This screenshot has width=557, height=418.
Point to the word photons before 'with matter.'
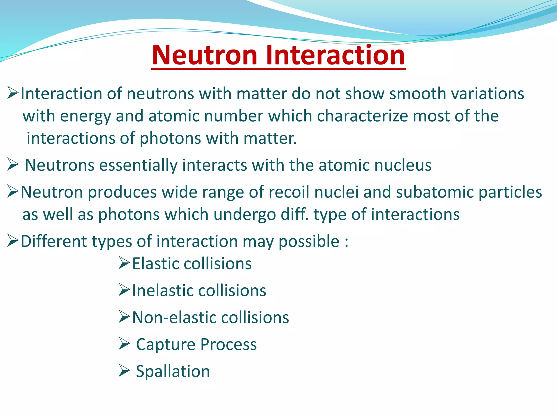(x=170, y=139)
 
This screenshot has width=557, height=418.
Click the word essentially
(x=138, y=165)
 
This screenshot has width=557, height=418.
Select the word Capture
(x=165, y=345)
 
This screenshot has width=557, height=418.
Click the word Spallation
(x=173, y=371)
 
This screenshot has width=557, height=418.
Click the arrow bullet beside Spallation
(x=124, y=371)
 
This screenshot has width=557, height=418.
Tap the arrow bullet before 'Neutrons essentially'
(x=13, y=165)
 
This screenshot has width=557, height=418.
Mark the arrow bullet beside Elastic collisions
(x=124, y=263)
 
